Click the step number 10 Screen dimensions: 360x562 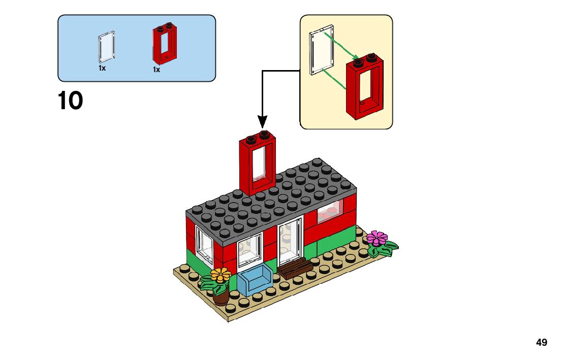pos(71,101)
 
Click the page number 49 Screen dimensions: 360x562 pos(542,343)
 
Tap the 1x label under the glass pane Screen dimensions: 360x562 pos(102,68)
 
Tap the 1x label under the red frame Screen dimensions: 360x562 pos(157,70)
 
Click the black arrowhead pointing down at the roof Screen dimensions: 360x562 pos(262,122)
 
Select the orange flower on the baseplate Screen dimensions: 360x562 pos(221,275)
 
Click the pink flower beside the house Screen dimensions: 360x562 pos(377,237)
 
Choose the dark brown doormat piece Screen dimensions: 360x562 pos(295,268)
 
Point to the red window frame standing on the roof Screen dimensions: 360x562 pos(256,165)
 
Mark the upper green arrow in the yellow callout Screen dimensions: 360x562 pos(341,45)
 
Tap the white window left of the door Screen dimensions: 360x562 pos(250,251)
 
